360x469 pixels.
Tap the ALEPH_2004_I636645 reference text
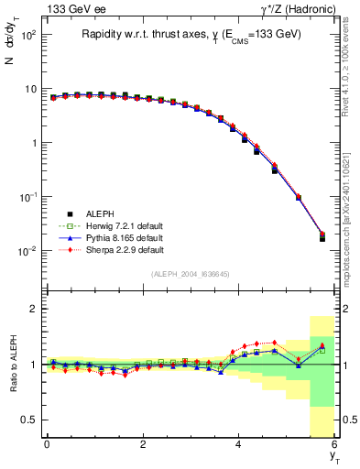pyautogui.click(x=191, y=274)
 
